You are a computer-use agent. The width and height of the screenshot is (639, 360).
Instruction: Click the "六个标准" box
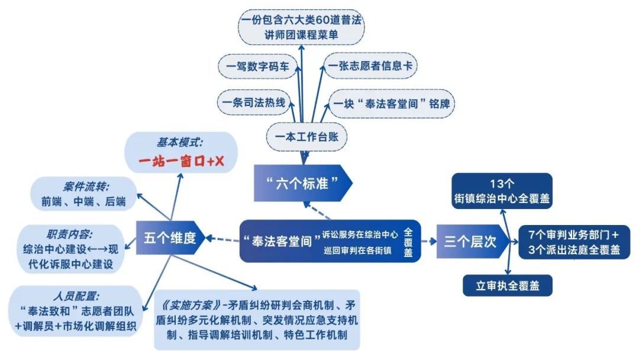pos(302,182)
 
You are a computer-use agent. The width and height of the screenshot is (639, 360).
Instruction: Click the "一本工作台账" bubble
pos(306,137)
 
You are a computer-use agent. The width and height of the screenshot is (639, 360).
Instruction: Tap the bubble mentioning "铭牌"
pos(391,104)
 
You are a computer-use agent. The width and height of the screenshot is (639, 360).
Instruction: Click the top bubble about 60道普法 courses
pos(301,27)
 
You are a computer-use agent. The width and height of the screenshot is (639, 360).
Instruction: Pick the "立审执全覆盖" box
pos(508,285)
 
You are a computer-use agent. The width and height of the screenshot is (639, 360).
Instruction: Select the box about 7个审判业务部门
pos(573,242)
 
